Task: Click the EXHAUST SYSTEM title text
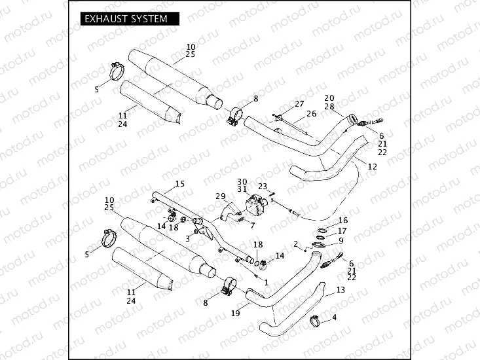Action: click(126, 19)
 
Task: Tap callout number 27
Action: click(299, 104)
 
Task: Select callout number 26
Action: click(312, 114)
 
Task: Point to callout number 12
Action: click(372, 167)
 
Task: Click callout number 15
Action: click(179, 184)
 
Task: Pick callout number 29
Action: click(220, 196)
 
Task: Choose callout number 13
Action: click(340, 289)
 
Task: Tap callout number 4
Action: click(334, 317)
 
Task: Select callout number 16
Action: click(343, 221)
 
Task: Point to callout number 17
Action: click(343, 230)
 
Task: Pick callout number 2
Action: click(296, 244)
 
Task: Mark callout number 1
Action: click(266, 281)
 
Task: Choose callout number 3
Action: click(187, 239)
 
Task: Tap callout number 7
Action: click(253, 225)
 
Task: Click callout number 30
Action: click(242, 181)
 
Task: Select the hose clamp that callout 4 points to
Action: click(316, 320)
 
